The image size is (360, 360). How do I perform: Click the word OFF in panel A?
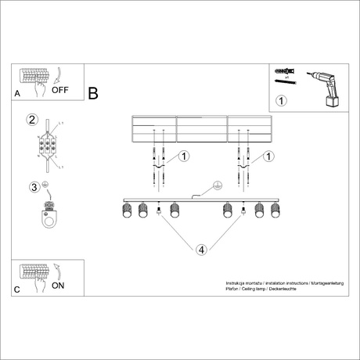tap(60, 90)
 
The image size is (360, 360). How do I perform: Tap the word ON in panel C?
tap(58, 286)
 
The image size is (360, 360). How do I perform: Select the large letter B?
tap(93, 94)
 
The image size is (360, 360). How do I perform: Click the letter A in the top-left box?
tap(17, 93)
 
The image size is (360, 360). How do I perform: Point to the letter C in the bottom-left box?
tap(17, 289)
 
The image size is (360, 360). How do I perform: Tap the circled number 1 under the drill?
tap(283, 100)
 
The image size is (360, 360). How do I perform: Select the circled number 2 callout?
tap(32, 120)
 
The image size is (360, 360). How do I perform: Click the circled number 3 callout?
tap(34, 187)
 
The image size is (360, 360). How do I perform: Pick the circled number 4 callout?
tap(201, 250)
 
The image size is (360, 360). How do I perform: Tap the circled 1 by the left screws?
tap(184, 157)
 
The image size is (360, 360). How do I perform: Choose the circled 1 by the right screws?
tap(268, 157)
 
